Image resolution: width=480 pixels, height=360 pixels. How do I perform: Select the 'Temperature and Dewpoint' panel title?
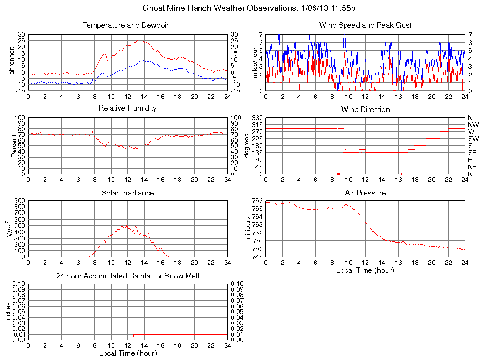click(x=127, y=25)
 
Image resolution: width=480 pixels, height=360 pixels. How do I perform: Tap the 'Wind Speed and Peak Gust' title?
click(x=365, y=25)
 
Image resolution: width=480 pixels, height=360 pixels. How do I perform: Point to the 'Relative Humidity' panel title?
click(x=127, y=108)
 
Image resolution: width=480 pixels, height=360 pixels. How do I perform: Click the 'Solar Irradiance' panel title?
click(x=127, y=193)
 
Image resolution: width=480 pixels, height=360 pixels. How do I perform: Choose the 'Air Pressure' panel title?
click(x=365, y=193)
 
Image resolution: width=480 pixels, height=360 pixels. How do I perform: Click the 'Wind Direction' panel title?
click(x=365, y=110)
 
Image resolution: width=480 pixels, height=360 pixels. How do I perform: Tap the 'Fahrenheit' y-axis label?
click(x=11, y=63)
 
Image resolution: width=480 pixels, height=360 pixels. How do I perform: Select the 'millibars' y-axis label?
click(x=249, y=229)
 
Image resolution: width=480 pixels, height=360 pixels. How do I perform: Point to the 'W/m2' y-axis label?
click(x=10, y=229)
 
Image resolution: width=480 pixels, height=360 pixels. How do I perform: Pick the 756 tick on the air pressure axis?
click(x=257, y=201)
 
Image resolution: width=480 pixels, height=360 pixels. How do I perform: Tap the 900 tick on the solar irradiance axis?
click(x=19, y=201)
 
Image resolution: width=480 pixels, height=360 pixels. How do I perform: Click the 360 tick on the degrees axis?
click(x=257, y=117)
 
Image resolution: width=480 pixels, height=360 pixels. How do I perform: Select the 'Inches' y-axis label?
click(x=8, y=312)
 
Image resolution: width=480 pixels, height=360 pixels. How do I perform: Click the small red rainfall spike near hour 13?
click(x=133, y=337)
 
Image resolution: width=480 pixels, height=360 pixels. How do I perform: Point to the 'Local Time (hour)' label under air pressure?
click(x=365, y=270)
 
